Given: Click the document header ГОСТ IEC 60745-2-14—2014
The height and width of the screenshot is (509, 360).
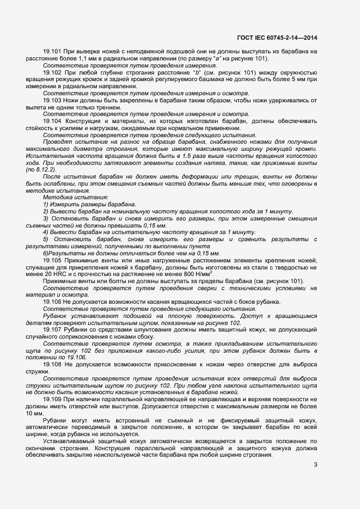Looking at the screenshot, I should pos(278,38).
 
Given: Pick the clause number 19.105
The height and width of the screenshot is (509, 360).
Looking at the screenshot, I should pos(52,260).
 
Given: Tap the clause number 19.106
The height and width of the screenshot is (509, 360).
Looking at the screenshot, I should pos(52,302).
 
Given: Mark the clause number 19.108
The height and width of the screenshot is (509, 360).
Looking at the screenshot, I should pos(52,364).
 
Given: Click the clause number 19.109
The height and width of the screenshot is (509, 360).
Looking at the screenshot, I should pos(52,399).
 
